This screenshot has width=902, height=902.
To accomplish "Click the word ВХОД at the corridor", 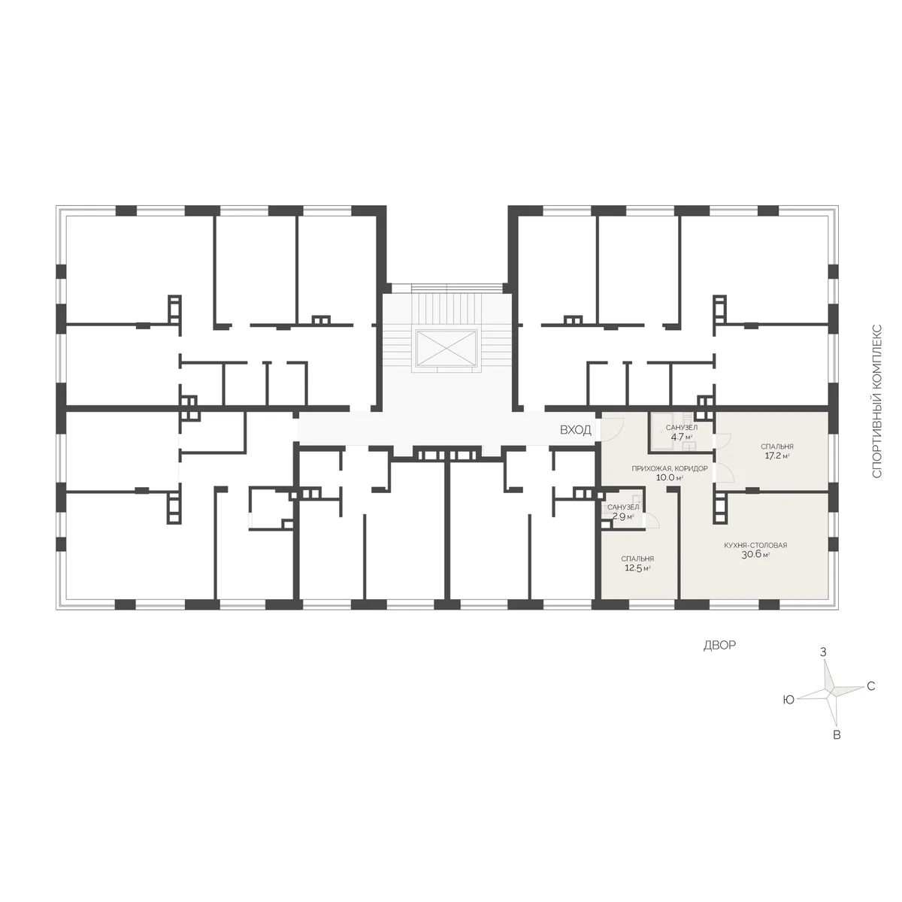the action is pyautogui.click(x=575, y=430).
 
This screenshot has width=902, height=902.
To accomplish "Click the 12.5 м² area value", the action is pyautogui.click(x=637, y=568).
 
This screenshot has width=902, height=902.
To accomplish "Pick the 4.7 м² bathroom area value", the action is pyautogui.click(x=682, y=437).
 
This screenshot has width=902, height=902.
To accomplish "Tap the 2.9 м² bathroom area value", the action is pyautogui.click(x=623, y=516).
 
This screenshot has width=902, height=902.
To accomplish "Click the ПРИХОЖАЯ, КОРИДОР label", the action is pyautogui.click(x=670, y=468).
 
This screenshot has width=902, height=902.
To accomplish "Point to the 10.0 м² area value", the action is pyautogui.click(x=670, y=478).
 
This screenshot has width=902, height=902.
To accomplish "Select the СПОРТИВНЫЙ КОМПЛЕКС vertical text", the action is pyautogui.click(x=877, y=401).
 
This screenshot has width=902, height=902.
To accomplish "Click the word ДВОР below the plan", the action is pyautogui.click(x=719, y=646).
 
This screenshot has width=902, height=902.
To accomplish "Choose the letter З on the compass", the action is pyautogui.click(x=823, y=652).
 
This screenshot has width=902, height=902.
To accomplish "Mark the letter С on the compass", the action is pyautogui.click(x=871, y=686).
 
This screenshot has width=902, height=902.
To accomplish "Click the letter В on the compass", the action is pyautogui.click(x=837, y=735).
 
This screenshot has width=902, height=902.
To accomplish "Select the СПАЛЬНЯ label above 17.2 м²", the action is pyautogui.click(x=777, y=446).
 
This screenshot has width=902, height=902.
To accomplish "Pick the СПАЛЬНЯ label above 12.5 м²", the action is pyautogui.click(x=637, y=559).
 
